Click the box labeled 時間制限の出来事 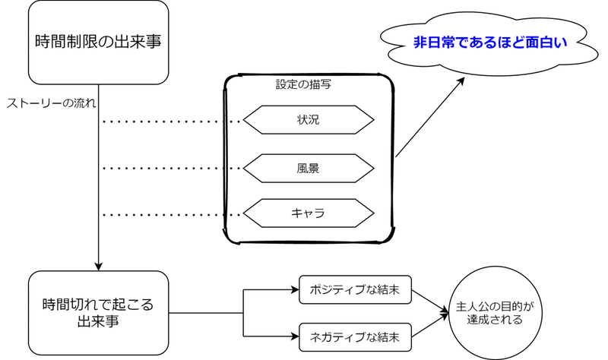98,42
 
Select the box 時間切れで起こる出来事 98,312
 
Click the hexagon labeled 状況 309,120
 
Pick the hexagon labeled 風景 309,167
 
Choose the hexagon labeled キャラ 309,213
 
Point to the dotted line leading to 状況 171,121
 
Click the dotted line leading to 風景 171,168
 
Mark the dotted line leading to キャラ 171,214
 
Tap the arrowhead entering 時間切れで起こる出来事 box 99,267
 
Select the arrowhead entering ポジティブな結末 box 295,289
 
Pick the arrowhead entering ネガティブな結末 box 295,334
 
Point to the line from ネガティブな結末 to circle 429,324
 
